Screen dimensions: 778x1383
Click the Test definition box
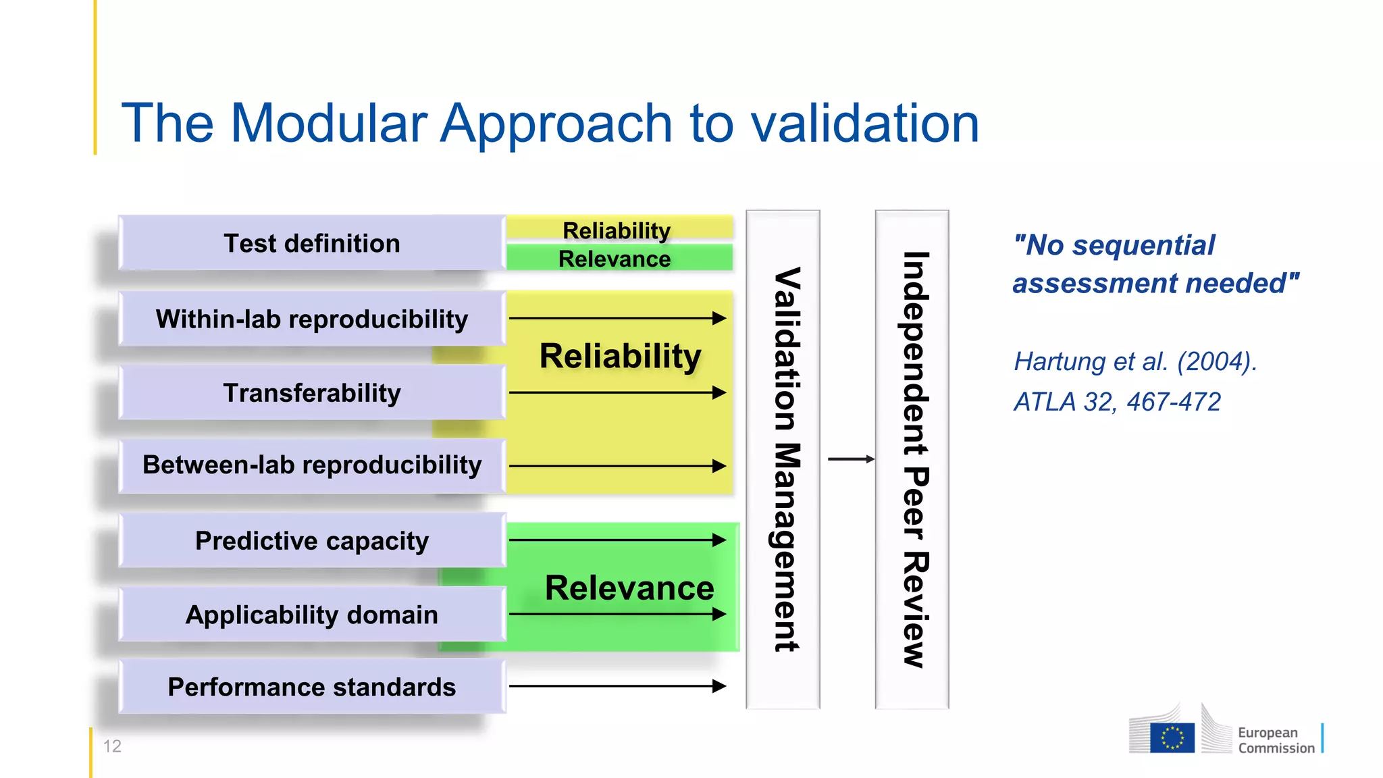click(311, 243)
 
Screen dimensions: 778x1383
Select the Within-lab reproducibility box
click(311, 319)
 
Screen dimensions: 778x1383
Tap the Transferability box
click(311, 392)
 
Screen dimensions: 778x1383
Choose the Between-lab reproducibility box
click(311, 465)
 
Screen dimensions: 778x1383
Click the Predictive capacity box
click(311, 540)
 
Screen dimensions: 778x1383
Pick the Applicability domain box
click(311, 615)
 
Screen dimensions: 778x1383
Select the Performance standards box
click(311, 687)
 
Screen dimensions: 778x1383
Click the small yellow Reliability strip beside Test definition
click(618, 230)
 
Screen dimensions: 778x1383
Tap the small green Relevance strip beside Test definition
click(618, 259)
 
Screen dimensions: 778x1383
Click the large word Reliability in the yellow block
click(620, 356)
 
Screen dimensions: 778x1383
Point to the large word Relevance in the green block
click(629, 588)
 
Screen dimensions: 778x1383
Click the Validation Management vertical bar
click(783, 459)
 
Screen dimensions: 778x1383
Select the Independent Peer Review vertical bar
click(912, 459)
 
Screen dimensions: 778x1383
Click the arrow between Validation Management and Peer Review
click(850, 459)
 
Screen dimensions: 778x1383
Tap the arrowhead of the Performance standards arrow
click(720, 686)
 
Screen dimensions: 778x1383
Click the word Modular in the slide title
click(328, 123)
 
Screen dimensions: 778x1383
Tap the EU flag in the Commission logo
click(1172, 737)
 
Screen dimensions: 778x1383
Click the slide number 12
click(112, 746)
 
